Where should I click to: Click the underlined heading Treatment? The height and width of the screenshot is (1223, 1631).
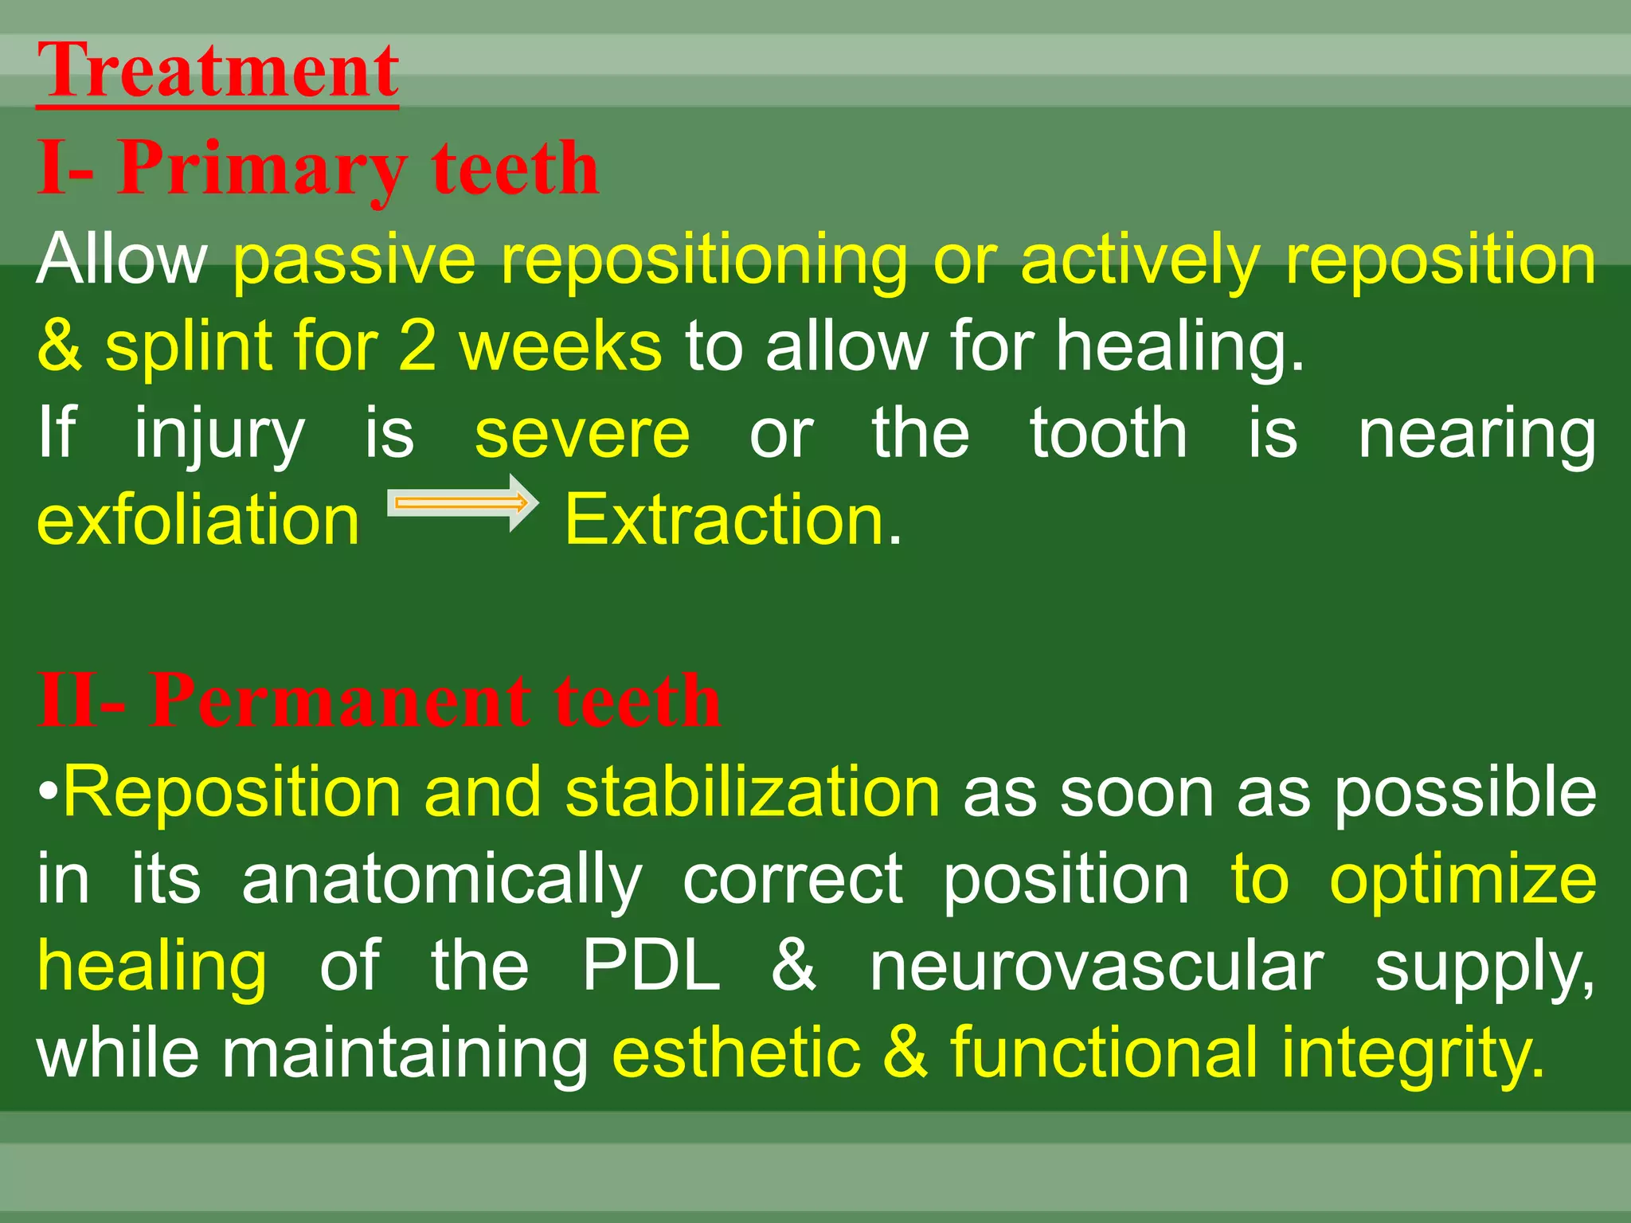coord(217,72)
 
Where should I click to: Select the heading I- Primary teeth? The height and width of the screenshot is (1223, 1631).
coord(319,168)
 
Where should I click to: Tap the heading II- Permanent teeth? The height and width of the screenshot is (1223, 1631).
coord(380,701)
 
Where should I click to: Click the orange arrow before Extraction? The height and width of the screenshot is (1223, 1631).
coord(463,503)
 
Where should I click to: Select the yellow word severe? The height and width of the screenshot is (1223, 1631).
coord(582,434)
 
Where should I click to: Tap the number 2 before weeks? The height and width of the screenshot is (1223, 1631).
coord(417,346)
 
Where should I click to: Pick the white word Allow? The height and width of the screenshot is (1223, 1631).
coord(122,259)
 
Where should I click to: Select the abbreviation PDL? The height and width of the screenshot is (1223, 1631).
coord(651,965)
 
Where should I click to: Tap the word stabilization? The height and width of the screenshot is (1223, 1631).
coord(753,792)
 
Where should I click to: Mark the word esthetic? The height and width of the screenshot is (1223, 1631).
coord(736,1053)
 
